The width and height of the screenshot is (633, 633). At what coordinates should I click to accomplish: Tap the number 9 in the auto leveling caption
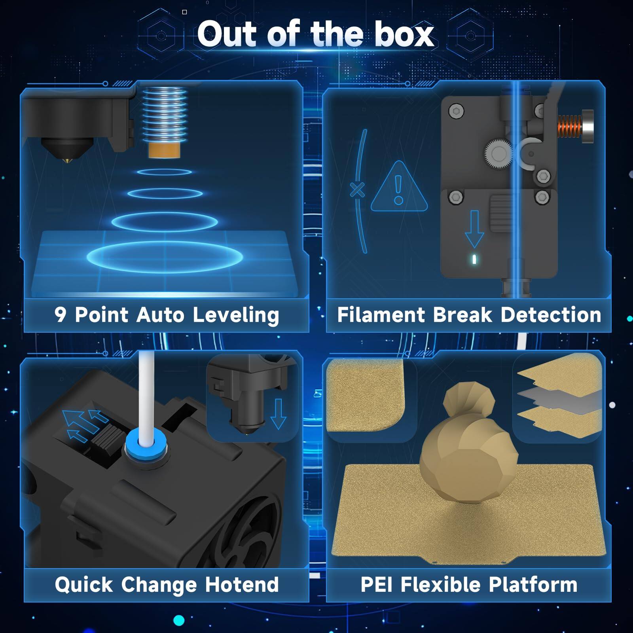point(60,315)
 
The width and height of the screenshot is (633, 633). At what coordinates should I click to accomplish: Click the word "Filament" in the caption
point(381,315)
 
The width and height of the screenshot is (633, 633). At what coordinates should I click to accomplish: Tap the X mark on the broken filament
point(358,190)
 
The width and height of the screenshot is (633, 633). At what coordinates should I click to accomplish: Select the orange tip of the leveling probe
point(164,150)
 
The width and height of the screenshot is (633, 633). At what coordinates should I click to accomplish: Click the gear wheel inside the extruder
point(498,153)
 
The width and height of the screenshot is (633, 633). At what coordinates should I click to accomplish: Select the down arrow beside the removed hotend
point(278,414)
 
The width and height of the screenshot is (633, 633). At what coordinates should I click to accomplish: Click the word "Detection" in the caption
point(551,315)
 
